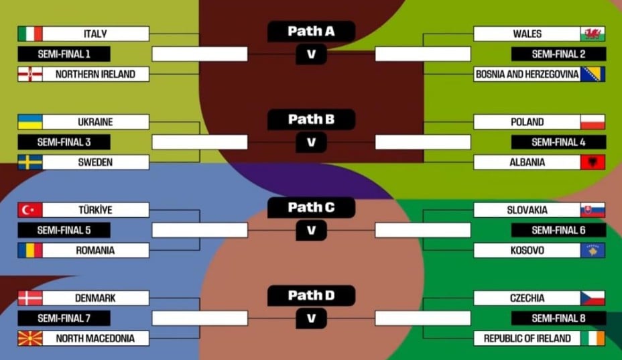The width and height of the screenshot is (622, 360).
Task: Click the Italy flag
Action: (x=30, y=34)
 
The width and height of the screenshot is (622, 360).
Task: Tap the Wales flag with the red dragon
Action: (x=593, y=34)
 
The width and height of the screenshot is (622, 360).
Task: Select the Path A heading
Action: (x=311, y=31)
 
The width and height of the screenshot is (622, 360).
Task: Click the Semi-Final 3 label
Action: (x=64, y=142)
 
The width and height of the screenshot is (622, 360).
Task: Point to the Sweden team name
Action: (x=95, y=162)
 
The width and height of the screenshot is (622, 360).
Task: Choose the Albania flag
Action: (x=593, y=162)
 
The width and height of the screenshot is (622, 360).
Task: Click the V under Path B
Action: (x=311, y=142)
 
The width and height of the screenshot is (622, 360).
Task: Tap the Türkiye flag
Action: (x=30, y=210)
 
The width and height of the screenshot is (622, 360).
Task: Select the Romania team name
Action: (x=95, y=250)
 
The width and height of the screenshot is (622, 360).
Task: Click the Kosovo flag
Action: (x=593, y=250)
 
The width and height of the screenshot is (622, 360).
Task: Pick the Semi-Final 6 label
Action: (x=558, y=230)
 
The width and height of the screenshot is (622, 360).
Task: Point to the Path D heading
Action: (x=311, y=295)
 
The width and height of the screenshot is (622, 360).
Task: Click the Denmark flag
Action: (x=30, y=298)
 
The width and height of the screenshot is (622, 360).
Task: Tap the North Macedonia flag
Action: (x=30, y=339)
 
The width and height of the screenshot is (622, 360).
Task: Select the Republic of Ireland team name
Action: (x=527, y=339)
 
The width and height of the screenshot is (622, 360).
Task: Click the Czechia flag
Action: (x=593, y=298)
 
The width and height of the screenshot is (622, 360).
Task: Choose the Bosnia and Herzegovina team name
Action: (x=527, y=74)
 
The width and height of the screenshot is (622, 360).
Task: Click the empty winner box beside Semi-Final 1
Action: (x=200, y=54)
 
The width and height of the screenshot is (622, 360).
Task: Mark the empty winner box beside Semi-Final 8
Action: (x=422, y=318)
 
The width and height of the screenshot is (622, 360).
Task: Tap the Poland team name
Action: (x=527, y=122)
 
